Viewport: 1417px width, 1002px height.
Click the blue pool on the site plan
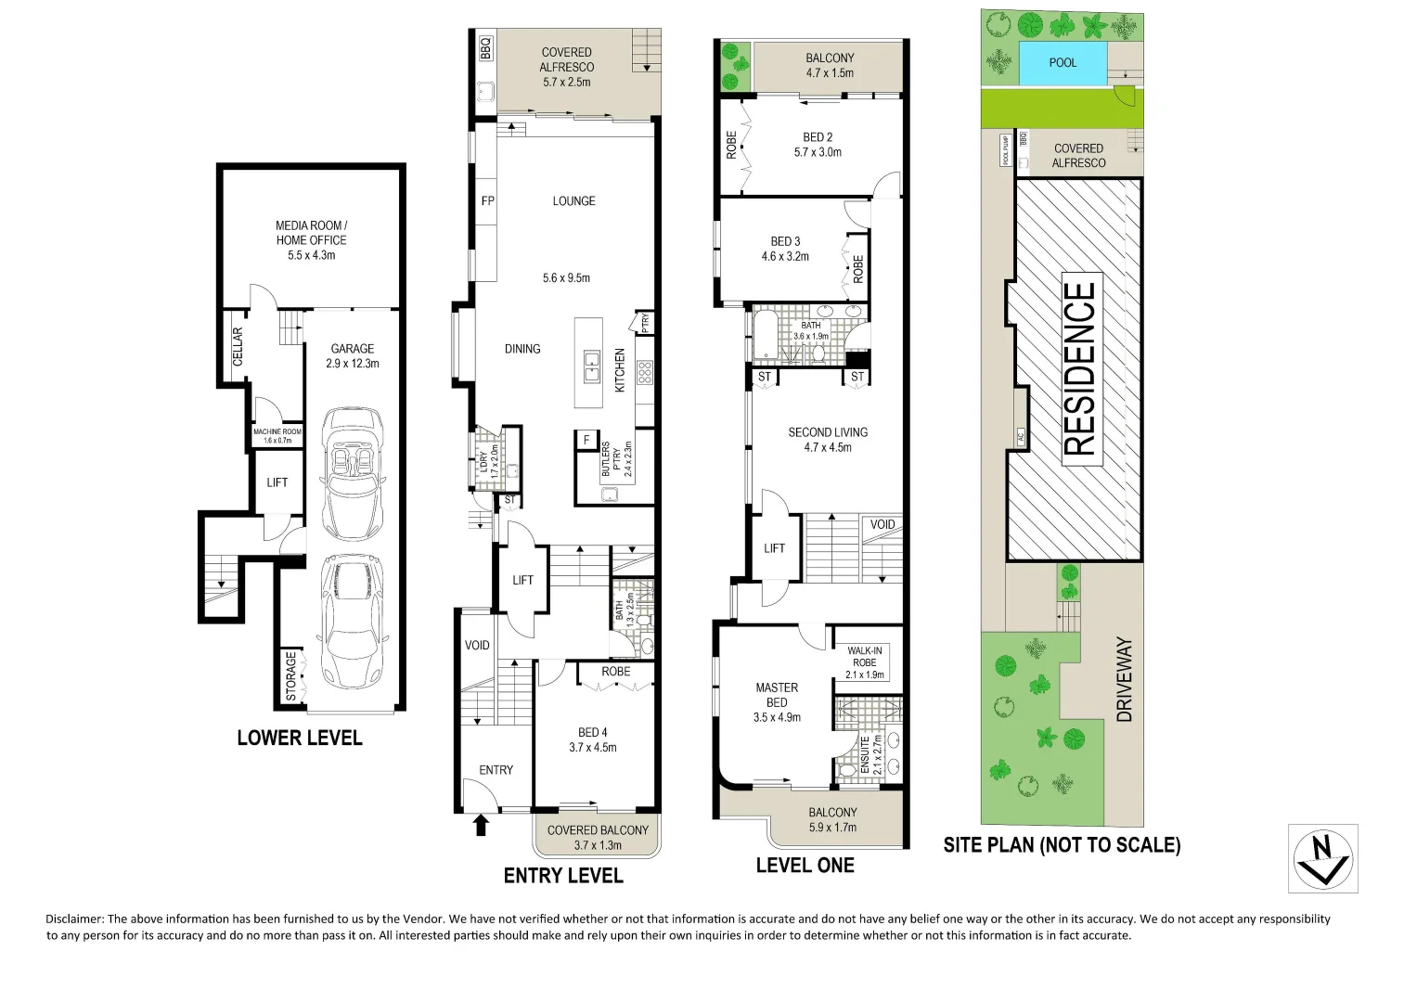[1063, 63]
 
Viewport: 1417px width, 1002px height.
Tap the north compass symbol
[1323, 858]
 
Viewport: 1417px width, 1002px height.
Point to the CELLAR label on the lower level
[238, 345]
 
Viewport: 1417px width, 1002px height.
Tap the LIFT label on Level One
[774, 548]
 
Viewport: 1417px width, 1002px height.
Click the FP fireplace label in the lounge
[487, 201]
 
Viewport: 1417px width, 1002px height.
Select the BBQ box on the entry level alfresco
[484, 46]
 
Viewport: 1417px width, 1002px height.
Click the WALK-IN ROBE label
[864, 657]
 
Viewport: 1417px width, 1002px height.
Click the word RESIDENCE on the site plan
[1079, 368]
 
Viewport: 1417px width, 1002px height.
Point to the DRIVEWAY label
[1125, 679]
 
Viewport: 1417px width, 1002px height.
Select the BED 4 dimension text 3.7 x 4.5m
[592, 748]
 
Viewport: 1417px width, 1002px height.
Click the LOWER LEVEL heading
[299, 739]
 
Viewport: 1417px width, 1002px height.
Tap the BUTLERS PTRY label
[612, 458]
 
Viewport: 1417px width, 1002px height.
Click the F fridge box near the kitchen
[586, 440]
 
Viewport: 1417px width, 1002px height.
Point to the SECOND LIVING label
[828, 432]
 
